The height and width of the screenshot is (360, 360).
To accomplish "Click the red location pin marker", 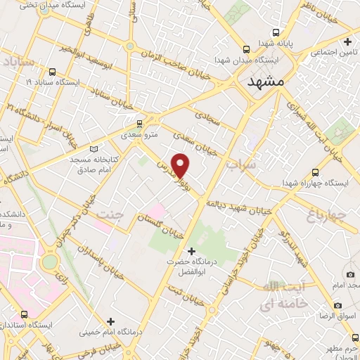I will tap(181, 166).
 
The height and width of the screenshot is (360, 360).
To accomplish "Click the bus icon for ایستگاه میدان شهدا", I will tap(246, 49).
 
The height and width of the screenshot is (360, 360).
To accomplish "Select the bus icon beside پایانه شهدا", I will tap(276, 32).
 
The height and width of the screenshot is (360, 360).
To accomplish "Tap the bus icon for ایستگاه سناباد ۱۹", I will tap(52, 71).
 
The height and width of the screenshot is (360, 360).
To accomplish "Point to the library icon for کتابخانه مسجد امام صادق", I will tap(95, 148).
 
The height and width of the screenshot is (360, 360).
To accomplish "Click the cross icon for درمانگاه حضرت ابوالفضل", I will tap(192, 251).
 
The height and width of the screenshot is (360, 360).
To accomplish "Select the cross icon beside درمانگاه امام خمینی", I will tap(110, 321).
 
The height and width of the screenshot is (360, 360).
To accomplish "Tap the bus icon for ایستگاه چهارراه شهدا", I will tap(315, 172).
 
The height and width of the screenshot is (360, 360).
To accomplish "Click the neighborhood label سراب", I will tap(240, 165).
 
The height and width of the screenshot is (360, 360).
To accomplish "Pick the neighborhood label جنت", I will tap(109, 214).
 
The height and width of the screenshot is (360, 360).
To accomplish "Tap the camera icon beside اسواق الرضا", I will tap(338, 306).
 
